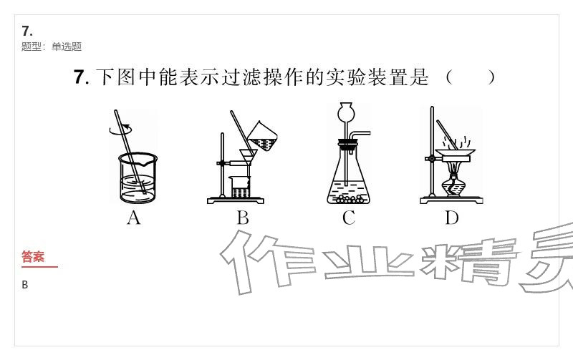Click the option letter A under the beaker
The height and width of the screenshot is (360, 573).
134,218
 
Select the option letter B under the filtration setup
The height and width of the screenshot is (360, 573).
243,218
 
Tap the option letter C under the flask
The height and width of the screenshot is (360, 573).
349,218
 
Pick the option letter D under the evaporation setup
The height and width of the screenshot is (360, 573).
452,218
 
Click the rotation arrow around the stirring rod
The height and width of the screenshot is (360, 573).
120,130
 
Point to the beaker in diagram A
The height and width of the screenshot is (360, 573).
138,177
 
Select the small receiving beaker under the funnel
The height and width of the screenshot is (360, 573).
240,187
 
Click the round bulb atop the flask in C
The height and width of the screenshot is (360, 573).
346,112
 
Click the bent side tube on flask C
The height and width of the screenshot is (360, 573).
360,136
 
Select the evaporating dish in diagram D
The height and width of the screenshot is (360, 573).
455,152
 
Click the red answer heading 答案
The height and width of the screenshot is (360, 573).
33,256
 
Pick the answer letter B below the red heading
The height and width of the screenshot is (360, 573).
25,285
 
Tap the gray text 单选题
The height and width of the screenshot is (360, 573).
67,47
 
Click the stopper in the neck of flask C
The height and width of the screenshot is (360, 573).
347,145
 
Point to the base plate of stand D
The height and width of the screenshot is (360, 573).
452,200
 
